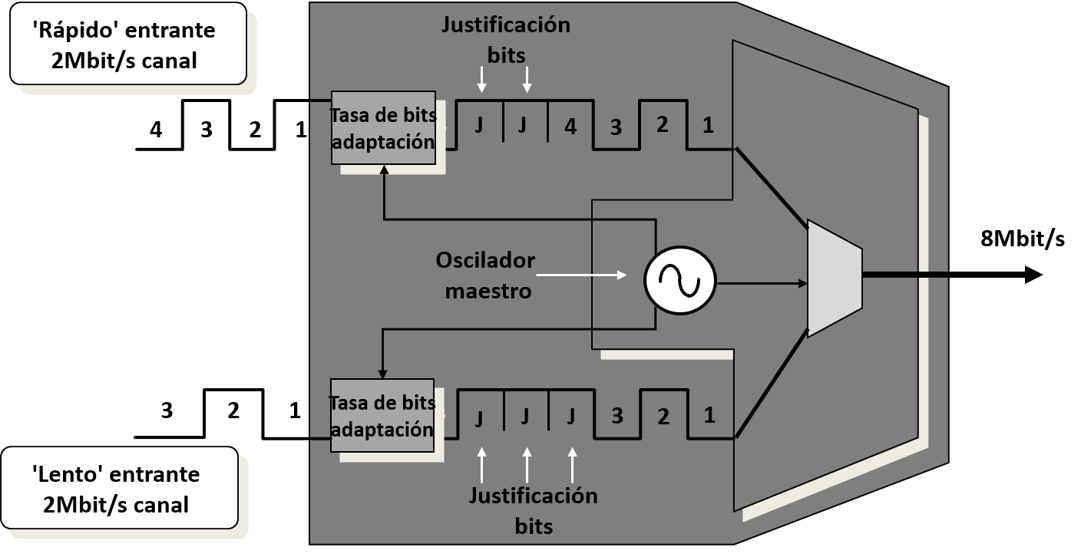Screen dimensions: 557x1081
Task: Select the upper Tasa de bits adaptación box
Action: [x=383, y=128]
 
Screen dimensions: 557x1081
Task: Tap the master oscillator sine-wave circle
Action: [x=679, y=283]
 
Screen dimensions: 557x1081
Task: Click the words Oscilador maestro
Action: [x=484, y=275]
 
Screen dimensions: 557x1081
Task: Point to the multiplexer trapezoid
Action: [x=835, y=278]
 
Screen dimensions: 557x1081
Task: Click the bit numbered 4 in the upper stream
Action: [x=570, y=126]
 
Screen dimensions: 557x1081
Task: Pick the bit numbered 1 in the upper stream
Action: [x=708, y=125]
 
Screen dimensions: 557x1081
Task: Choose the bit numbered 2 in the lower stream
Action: [x=663, y=417]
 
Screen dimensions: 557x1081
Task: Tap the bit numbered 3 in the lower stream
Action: [x=617, y=417]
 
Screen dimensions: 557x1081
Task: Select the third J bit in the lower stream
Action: [x=571, y=417]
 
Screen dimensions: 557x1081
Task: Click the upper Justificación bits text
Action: [x=505, y=40]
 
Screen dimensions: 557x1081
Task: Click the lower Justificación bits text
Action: [x=533, y=510]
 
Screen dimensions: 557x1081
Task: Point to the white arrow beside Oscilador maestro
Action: [x=581, y=274]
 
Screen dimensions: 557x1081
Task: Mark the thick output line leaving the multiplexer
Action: [x=906, y=273]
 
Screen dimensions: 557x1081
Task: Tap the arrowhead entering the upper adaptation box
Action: [x=383, y=171]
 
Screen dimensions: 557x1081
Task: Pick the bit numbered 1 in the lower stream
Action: [x=709, y=415]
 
